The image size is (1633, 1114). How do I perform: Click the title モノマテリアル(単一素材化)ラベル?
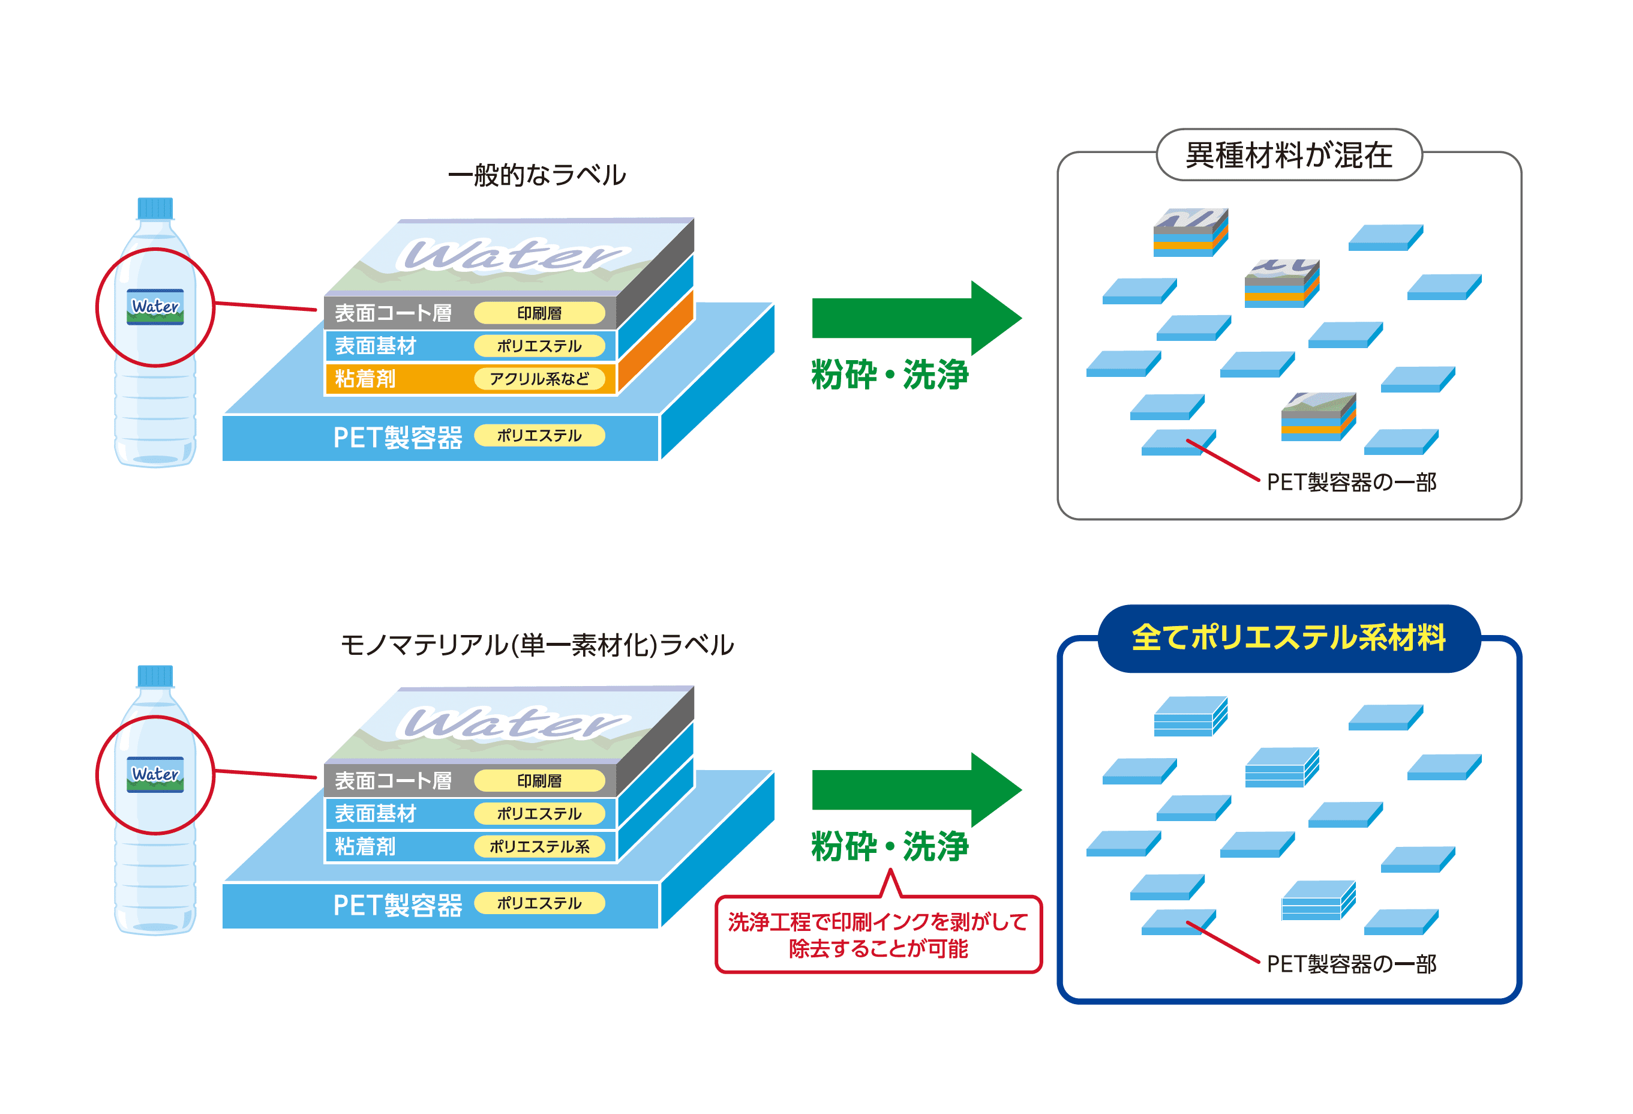point(536,644)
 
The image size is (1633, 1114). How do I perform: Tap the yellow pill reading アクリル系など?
point(539,379)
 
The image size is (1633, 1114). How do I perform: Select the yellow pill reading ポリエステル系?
point(539,846)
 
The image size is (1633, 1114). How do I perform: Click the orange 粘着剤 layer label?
point(365,379)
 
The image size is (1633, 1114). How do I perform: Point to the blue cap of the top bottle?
point(155,208)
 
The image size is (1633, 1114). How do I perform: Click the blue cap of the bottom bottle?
point(155,675)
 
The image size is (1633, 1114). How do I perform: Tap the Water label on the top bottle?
point(155,307)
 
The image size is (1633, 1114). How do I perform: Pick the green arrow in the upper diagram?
point(914,318)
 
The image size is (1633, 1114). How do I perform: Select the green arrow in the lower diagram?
point(914,789)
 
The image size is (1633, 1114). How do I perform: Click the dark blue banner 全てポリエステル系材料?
point(1288,637)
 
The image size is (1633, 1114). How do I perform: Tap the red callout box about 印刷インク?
point(878,934)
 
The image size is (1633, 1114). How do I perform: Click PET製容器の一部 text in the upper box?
point(1350,482)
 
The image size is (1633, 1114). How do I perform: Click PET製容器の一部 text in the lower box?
point(1350,963)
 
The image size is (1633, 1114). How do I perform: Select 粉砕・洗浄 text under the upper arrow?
point(890,374)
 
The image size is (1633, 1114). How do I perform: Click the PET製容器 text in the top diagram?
point(397,437)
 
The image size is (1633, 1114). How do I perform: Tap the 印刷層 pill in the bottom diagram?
point(539,780)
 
